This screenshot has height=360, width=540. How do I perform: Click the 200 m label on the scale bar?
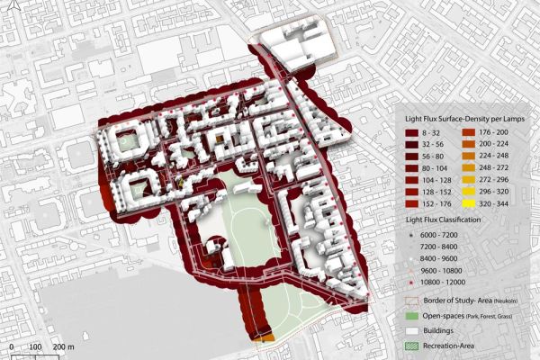pos(64,346)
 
